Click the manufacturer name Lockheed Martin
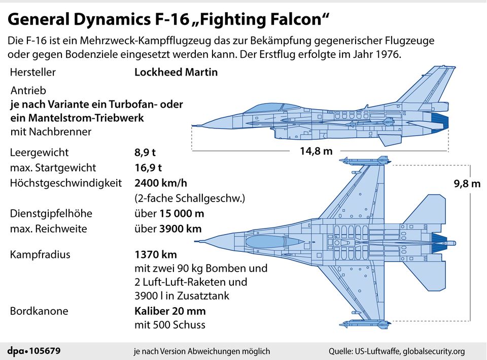tap(176, 72)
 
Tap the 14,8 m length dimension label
tap(316, 151)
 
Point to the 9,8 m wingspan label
tap(466, 184)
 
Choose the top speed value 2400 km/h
tap(164, 183)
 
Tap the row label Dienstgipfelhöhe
tap(51, 213)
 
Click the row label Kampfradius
tap(40, 254)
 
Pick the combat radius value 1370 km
tap(156, 254)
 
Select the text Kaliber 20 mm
tap(170, 311)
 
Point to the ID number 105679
tap(46, 351)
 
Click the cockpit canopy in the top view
tap(274, 241)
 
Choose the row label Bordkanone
tap(39, 311)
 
